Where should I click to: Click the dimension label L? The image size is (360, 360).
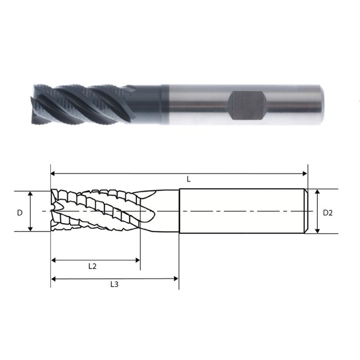point(189,179)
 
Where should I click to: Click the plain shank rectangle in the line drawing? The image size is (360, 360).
point(242,211)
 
